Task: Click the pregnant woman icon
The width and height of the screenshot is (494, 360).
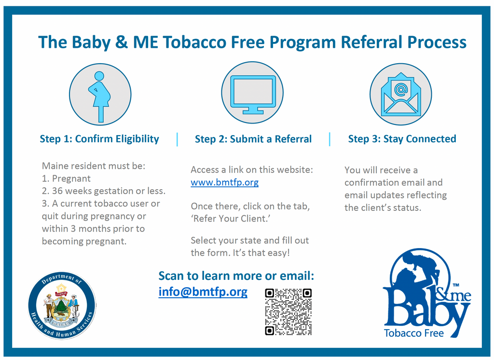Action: point(100,95)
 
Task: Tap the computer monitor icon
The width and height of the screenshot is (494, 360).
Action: point(252,93)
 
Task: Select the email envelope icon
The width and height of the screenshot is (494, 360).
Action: point(400,95)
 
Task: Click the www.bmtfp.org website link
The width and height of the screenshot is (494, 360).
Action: point(224,182)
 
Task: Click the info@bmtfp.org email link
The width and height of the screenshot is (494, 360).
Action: point(203,291)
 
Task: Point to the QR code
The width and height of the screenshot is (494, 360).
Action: point(288,312)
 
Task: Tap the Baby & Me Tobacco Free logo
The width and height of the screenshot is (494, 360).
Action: point(426,295)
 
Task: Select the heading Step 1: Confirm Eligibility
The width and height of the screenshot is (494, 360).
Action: point(99,139)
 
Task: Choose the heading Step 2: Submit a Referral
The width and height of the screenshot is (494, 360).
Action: point(253,139)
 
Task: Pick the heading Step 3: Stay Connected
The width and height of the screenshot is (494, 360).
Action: point(402,139)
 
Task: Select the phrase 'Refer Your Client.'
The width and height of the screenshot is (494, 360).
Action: point(224,219)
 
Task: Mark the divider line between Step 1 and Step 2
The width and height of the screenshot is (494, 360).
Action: point(177,139)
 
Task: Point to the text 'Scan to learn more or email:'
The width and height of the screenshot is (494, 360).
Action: point(236,276)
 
